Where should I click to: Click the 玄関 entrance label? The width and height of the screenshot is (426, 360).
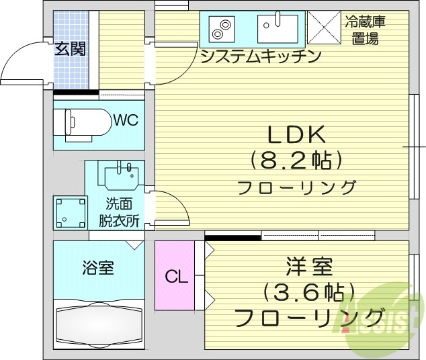[70, 49]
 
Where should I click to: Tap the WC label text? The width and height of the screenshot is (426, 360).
[126, 120]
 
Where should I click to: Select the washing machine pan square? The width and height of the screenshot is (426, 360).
[71, 213]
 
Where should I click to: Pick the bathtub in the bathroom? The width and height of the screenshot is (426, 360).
[99, 326]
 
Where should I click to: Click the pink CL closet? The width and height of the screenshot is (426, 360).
[175, 275]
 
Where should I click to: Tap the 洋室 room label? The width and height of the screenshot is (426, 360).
[309, 267]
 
